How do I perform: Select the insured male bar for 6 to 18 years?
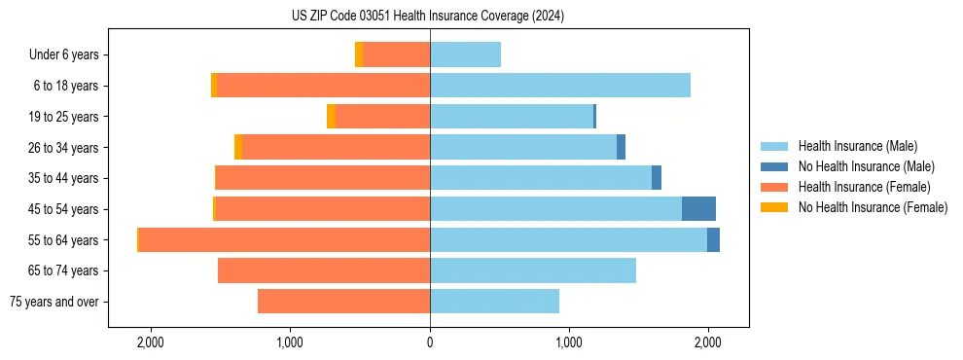tap(560, 86)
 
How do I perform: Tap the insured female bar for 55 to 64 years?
tap(284, 240)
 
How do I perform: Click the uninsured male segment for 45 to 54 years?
tap(698, 209)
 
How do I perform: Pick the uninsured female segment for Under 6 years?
tap(359, 54)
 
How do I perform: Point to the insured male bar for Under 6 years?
tap(465, 54)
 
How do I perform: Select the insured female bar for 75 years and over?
tap(343, 302)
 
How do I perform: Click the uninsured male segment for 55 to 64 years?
tap(713, 240)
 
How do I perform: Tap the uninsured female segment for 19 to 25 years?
tap(331, 117)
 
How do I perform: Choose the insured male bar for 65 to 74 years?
tap(533, 270)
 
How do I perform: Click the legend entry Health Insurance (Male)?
tap(857, 147)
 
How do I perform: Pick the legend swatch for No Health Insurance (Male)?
tap(775, 167)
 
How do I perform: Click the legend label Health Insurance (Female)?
tap(864, 187)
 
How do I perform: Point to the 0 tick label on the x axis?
tap(430, 342)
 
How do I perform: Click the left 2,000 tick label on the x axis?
tap(151, 342)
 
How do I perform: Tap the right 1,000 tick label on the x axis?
tap(569, 342)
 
